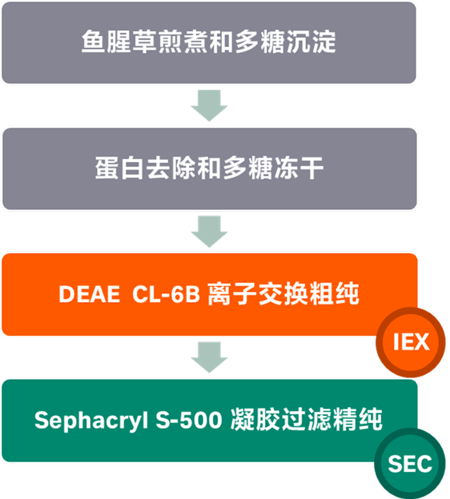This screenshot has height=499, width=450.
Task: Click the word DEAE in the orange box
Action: [89, 294]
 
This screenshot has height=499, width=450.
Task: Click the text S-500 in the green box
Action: [189, 420]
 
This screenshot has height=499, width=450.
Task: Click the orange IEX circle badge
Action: [411, 342]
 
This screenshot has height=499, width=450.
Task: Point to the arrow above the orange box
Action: [210, 231]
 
